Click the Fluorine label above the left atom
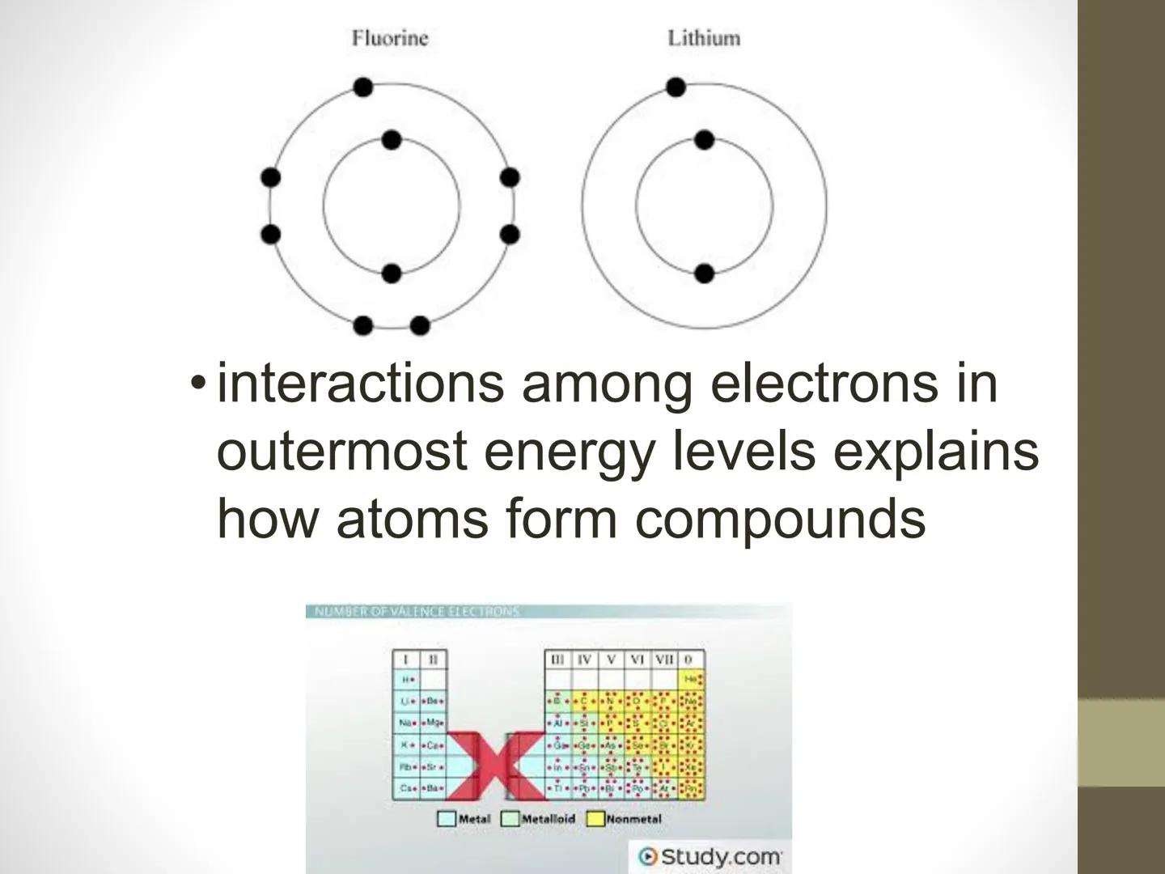(389, 38)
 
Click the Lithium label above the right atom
(703, 38)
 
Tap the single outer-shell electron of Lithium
(676, 87)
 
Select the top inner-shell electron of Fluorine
(392, 140)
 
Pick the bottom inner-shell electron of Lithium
(704, 274)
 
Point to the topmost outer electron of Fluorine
(363, 87)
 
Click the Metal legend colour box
(447, 819)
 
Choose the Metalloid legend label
(548, 819)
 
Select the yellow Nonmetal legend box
(595, 819)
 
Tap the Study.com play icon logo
(647, 856)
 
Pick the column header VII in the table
(664, 660)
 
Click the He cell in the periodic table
(691, 680)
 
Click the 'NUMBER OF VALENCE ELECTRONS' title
(417, 611)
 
